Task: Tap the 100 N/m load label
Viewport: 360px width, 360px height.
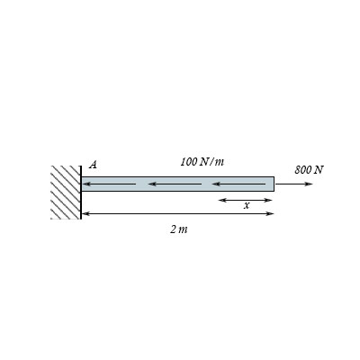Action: coord(202,161)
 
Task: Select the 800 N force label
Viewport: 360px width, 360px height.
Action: coord(309,169)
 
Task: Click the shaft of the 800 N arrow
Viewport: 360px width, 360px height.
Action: coord(292,184)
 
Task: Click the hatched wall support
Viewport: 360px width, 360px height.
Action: coord(66,192)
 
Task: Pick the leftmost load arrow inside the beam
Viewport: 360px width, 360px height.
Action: coord(108,184)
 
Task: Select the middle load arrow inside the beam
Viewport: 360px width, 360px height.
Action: coord(175,184)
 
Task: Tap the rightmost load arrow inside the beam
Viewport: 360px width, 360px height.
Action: coord(239,184)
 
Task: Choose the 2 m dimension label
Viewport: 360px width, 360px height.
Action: coord(179,229)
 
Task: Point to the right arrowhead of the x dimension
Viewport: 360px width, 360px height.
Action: coord(269,199)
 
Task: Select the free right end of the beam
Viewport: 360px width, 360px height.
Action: coord(273,184)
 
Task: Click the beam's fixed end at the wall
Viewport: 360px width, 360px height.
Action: coord(83,184)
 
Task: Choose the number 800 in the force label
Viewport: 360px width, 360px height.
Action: coord(302,169)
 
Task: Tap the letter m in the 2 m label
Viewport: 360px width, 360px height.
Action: coord(184,229)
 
